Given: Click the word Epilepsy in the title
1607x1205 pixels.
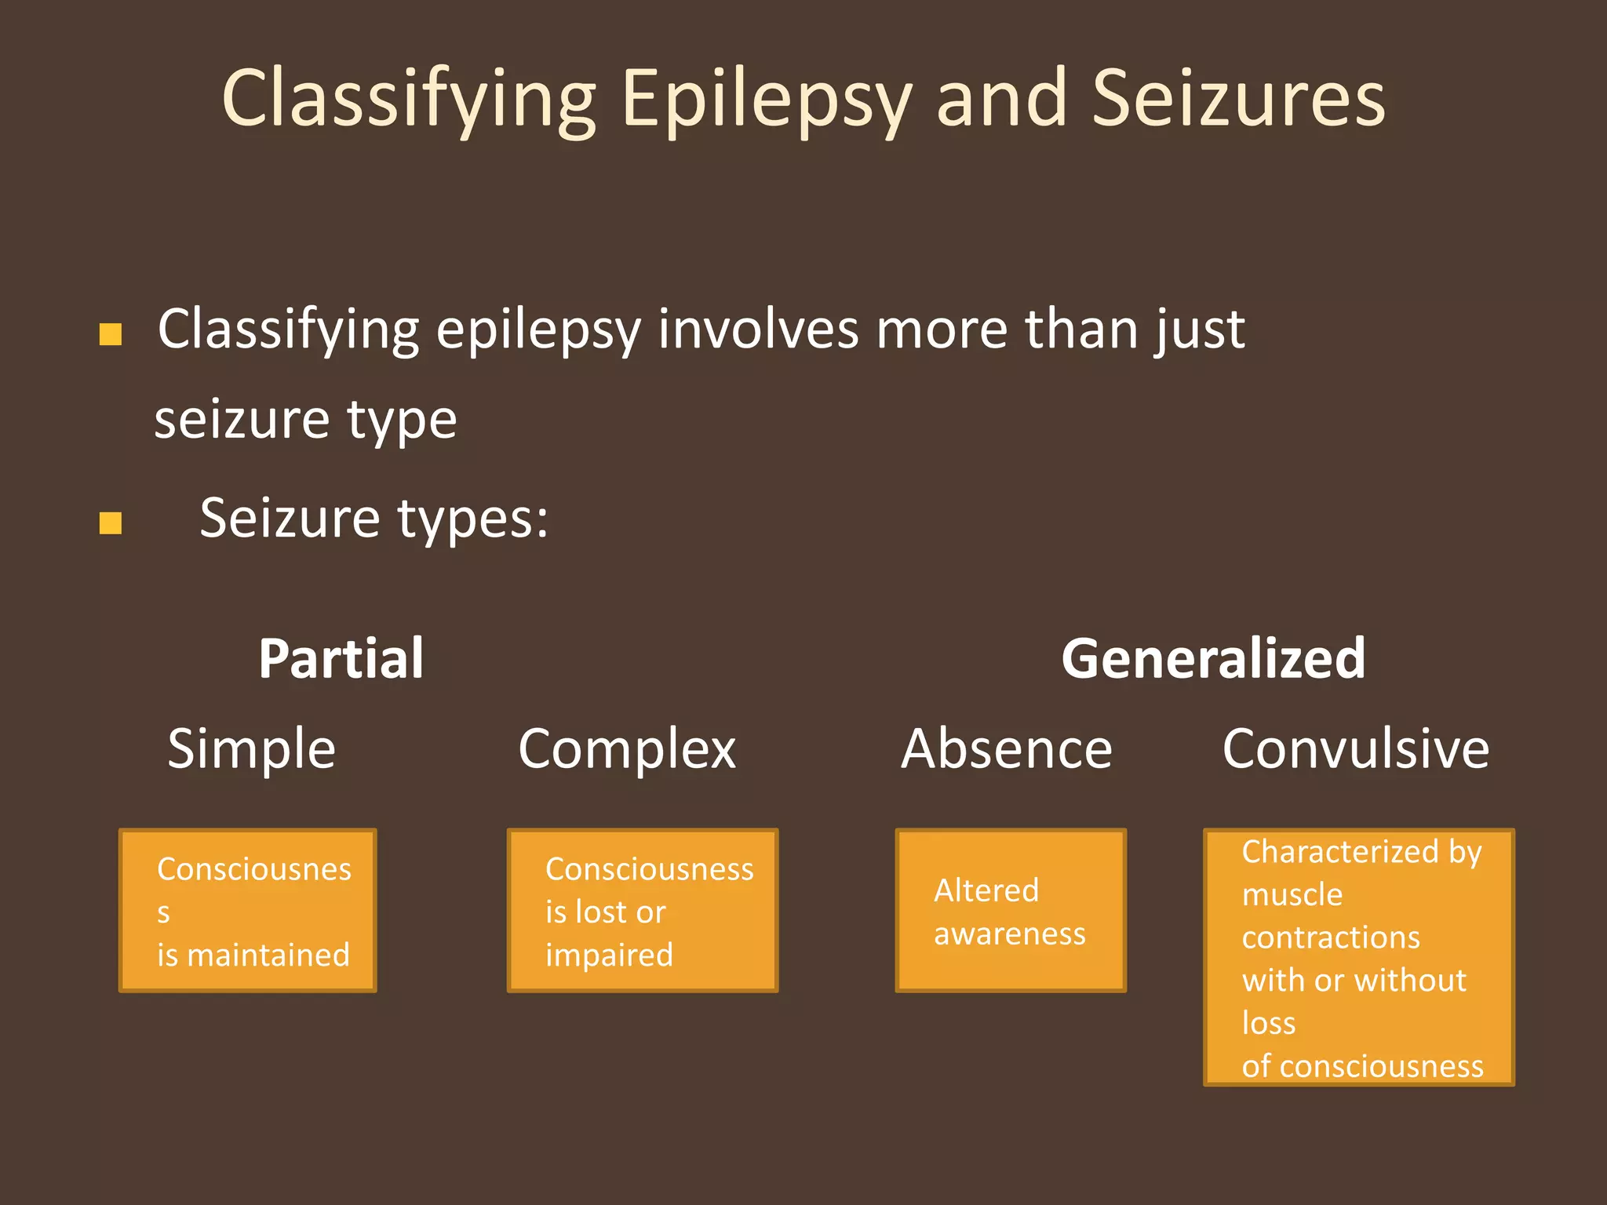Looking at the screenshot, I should pos(765,100).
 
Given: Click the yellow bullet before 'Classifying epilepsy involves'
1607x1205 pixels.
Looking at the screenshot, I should pos(111,335).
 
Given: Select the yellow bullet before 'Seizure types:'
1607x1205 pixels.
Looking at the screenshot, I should pos(111,523).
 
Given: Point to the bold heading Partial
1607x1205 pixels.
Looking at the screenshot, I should pos(341,658).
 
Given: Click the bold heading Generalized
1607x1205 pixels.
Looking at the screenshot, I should pos(1213,658).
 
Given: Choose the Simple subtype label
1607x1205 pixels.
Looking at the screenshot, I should pos(252,748).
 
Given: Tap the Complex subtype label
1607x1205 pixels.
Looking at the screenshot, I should pos(627,748).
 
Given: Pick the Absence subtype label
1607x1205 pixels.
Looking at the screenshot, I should pos(1006,748).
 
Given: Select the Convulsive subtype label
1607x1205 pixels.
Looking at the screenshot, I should pos(1355,748).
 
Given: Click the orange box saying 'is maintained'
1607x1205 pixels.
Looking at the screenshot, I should pos(248,910).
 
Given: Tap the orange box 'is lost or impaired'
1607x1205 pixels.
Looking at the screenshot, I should pos(643,910).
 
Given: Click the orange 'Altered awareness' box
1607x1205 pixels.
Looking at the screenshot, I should pos(1011,910).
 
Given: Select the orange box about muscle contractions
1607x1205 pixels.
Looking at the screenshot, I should pos(1358,957).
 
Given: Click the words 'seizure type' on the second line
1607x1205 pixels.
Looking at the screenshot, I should pos(305,420).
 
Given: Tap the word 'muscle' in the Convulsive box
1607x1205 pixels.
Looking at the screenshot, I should pos(1292,895).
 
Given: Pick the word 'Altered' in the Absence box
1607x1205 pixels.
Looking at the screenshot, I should pos(986,891).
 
